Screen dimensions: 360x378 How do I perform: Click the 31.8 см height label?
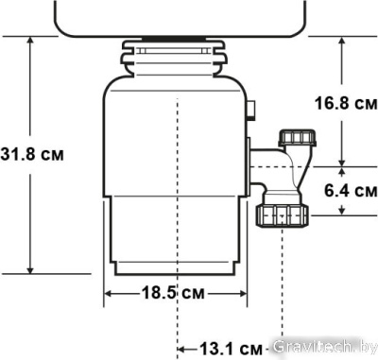[32, 154]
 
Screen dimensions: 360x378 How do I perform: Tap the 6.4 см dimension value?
[345, 190]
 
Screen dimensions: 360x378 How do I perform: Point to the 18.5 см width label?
[177, 294]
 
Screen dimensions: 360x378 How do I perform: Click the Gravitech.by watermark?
[321, 348]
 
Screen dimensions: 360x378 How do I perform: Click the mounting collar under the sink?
[176, 54]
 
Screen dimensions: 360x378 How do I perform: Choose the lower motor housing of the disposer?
[177, 231]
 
